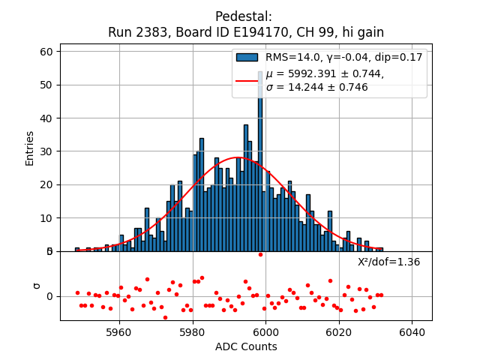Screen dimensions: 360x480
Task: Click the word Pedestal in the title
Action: point(239,16)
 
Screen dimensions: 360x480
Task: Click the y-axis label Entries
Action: point(30,148)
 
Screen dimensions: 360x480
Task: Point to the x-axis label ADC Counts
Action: point(246,346)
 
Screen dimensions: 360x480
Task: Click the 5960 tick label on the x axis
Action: point(119,331)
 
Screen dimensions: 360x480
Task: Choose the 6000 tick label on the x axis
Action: point(266,331)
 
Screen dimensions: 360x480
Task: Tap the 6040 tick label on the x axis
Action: point(412,331)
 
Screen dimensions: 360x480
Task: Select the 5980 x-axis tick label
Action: point(193,331)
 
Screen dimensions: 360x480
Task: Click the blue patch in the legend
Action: point(247,57)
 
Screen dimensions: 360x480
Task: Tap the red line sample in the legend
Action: point(247,80)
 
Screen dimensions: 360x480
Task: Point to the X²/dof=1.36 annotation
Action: point(388,262)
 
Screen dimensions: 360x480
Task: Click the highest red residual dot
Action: point(260,254)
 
